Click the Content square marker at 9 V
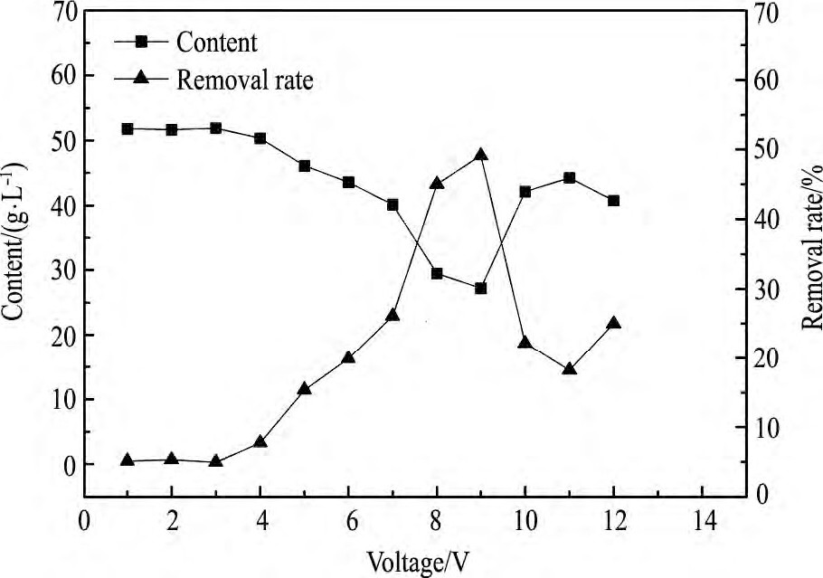pyautogui.click(x=480, y=288)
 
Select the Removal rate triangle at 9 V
pyautogui.click(x=480, y=156)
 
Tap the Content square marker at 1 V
pyautogui.click(x=128, y=129)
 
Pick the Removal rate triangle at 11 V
pyautogui.click(x=569, y=369)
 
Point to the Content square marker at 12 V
pyautogui.click(x=613, y=201)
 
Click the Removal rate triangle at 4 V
pyautogui.click(x=260, y=442)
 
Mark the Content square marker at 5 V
pyautogui.click(x=304, y=166)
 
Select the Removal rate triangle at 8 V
pyautogui.click(x=436, y=184)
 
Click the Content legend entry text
pyautogui.click(x=217, y=42)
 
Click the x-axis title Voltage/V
pyautogui.click(x=418, y=562)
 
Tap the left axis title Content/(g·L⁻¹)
pyautogui.click(x=15, y=240)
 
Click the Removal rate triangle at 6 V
pyautogui.click(x=348, y=358)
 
